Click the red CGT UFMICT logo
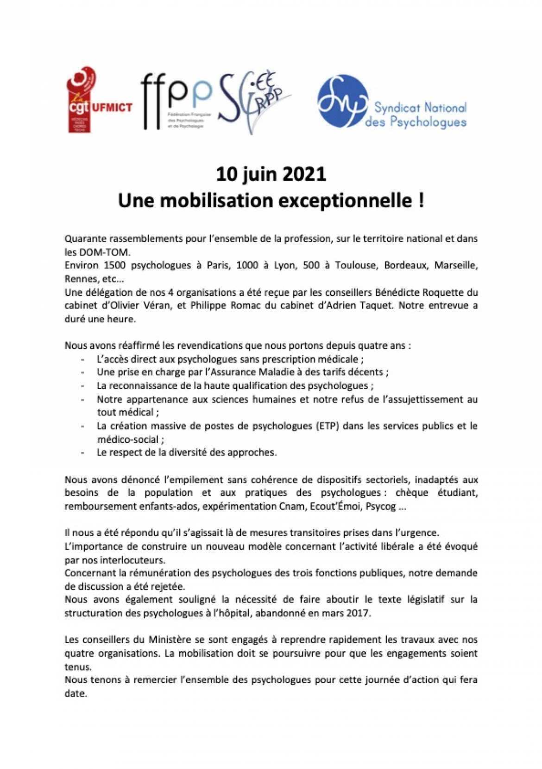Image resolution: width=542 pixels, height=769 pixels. point(99,100)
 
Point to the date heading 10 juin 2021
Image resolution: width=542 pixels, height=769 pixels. point(271,174)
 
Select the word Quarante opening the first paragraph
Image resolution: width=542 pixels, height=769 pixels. point(84,240)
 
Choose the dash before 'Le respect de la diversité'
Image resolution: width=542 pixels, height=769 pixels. point(82,452)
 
